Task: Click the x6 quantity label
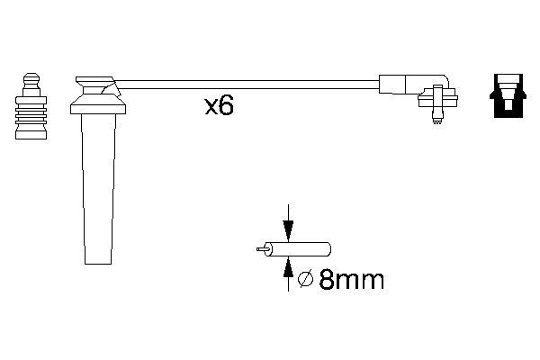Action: tap(220, 105)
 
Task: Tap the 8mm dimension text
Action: tap(351, 279)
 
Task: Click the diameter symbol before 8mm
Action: tap(305, 279)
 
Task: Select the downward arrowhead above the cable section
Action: tap(288, 230)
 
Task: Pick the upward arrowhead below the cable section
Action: tap(288, 267)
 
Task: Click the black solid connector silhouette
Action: tap(508, 95)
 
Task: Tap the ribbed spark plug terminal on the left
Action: tap(31, 106)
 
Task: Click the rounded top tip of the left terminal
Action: tap(31, 75)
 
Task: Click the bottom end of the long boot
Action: tap(98, 264)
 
